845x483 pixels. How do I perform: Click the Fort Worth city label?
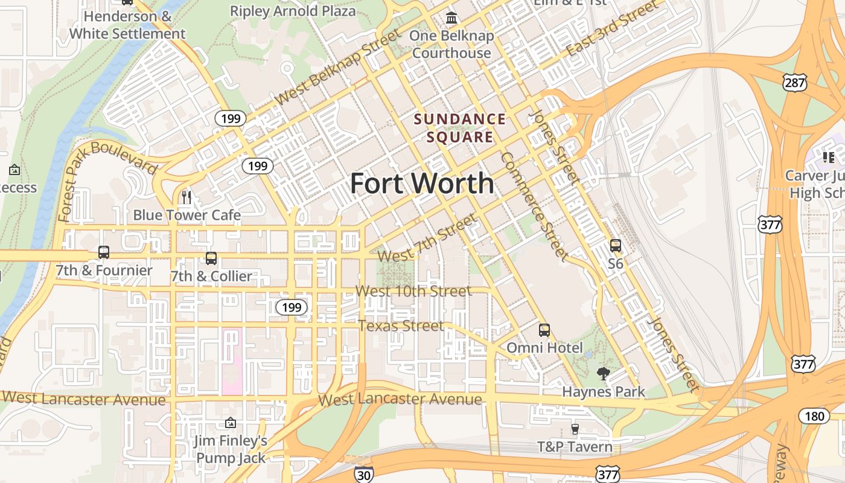[x=422, y=184]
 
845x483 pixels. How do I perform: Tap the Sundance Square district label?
[x=460, y=128]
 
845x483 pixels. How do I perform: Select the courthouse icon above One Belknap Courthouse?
[x=451, y=18]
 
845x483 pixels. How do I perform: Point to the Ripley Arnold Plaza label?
[x=293, y=10]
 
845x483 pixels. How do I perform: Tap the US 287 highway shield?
[x=795, y=83]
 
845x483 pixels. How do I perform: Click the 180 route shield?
[x=814, y=415]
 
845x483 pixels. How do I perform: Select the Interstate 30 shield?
[x=363, y=474]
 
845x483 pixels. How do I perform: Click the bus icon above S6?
[x=615, y=246]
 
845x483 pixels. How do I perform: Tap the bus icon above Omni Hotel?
[x=544, y=330]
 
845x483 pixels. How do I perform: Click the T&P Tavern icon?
[x=575, y=429]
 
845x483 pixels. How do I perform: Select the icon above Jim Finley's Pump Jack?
[x=230, y=423]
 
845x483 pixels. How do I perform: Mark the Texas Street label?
[x=401, y=326]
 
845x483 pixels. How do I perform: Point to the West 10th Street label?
[x=413, y=291]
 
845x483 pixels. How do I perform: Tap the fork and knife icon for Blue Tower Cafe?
[x=187, y=197]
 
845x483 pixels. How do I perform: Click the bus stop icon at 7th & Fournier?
[x=103, y=252]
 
